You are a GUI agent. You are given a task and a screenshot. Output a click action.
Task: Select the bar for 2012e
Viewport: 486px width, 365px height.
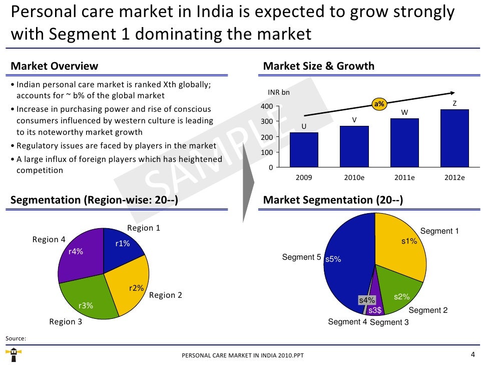coord(454,138)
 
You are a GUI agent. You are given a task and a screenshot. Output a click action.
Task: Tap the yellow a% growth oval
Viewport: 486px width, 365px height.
coord(379,104)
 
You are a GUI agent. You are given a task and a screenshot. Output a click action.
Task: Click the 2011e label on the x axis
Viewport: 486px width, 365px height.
coord(404,177)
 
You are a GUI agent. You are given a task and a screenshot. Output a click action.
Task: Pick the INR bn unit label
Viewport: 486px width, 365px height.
coord(279,92)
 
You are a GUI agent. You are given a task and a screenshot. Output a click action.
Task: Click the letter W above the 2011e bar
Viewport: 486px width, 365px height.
coord(404,112)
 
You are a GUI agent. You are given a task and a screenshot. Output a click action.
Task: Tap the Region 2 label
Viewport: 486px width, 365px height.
coord(166,295)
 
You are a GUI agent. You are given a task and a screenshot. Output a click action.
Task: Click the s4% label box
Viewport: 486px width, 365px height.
coord(367,300)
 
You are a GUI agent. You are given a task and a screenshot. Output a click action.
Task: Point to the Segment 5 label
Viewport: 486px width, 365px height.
coord(301,257)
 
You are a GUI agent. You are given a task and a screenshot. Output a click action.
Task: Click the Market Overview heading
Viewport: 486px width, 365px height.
coord(55,66)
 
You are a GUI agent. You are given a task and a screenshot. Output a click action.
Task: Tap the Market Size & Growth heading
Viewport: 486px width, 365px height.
coord(318,66)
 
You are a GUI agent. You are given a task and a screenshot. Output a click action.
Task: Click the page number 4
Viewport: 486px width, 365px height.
coord(473,354)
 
